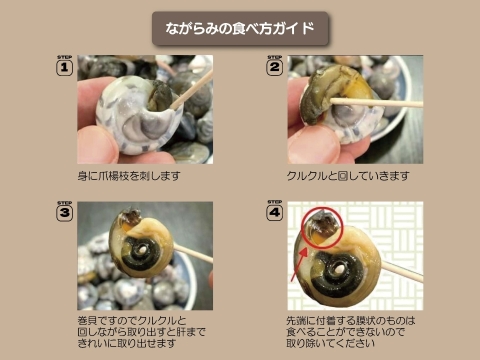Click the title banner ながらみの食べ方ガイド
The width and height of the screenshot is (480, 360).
[x=240, y=28]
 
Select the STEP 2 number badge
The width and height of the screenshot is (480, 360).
[x=275, y=68]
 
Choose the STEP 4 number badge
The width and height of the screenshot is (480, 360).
[x=275, y=212]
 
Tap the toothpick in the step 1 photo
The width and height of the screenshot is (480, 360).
[x=190, y=90]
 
